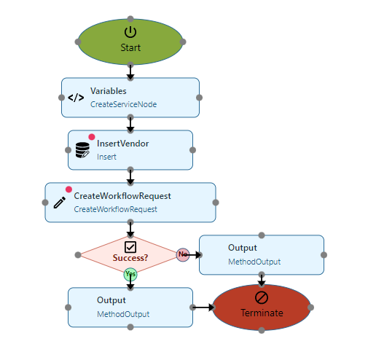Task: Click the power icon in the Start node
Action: click(x=130, y=32)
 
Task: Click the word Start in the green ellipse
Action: click(x=130, y=47)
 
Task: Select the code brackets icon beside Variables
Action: click(x=76, y=98)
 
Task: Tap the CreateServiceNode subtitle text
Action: click(x=123, y=104)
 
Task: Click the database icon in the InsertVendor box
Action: click(x=82, y=150)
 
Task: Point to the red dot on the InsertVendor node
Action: click(x=92, y=137)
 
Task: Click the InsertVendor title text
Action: click(x=122, y=144)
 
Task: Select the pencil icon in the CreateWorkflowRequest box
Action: click(x=60, y=203)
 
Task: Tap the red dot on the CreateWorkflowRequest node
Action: click(x=68, y=189)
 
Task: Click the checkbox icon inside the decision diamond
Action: click(x=130, y=247)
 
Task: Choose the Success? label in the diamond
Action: click(x=130, y=258)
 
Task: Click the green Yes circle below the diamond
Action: click(x=130, y=275)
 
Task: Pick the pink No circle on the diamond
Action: click(x=183, y=255)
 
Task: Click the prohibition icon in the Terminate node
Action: click(x=262, y=297)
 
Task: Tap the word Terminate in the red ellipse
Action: click(x=262, y=313)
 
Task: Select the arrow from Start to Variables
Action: click(x=130, y=71)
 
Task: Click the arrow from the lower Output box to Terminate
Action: click(x=203, y=308)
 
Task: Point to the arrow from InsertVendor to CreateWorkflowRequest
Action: click(x=130, y=176)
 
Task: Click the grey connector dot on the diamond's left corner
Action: click(x=78, y=255)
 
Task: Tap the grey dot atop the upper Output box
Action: click(x=262, y=235)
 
